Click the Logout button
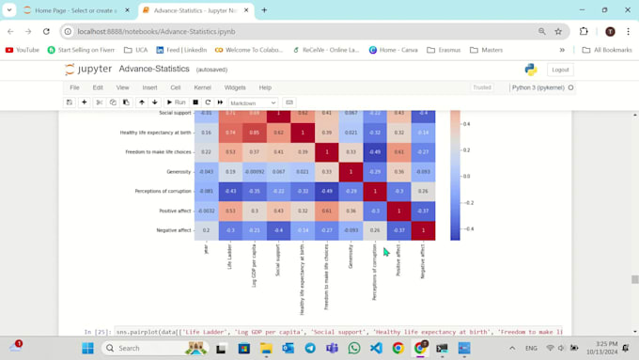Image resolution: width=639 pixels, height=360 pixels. pos(560,70)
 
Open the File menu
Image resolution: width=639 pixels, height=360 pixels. pos(74,87)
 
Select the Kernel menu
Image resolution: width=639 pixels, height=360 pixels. pos(202,87)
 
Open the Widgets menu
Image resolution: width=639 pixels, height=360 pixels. pos(235,87)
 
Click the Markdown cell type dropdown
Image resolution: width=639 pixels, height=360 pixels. pos(253,102)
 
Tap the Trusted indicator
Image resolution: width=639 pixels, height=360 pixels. pos(481,87)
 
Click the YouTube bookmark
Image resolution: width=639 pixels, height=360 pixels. pos(23,50)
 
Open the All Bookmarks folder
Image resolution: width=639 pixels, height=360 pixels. pos(606,50)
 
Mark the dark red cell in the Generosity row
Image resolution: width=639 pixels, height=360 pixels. pos(351,172)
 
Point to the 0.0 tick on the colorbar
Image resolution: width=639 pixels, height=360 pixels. pos(466,176)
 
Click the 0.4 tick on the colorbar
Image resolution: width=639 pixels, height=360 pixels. pos(466,123)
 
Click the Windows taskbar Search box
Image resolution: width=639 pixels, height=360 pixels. pos(150,348)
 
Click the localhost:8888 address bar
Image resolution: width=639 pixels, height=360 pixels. pos(282,31)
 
